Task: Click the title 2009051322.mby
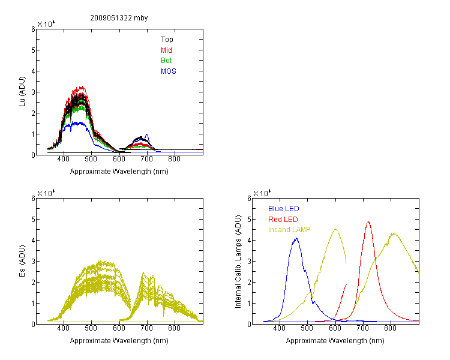coord(119,18)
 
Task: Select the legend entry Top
coord(167,40)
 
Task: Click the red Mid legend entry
coord(166,50)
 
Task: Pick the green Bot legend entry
coord(166,61)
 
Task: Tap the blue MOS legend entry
coord(168,71)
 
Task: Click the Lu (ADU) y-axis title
coord(22,92)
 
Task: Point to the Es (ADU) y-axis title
coord(22,261)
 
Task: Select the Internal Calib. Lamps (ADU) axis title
coord(238,262)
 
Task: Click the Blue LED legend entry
coord(284,209)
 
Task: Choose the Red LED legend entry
coord(283,220)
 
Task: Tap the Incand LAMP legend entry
coord(289,230)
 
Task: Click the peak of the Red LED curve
coord(368,222)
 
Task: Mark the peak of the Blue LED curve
coord(296,238)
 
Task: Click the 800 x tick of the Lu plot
coord(174,159)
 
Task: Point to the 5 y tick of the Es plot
coord(33,220)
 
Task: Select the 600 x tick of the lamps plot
coord(335,328)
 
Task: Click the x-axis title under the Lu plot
coord(119,172)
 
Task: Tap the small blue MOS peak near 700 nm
coord(147,134)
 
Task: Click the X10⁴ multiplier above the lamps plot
coord(262,193)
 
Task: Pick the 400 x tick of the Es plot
coord(63,328)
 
